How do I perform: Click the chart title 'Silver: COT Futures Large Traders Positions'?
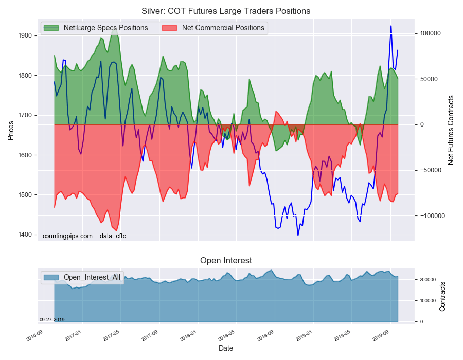pos(226,11)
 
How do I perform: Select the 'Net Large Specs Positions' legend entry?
pos(105,28)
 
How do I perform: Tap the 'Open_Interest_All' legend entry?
pos(92,277)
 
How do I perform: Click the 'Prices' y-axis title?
pos(10,131)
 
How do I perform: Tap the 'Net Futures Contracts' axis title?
pos(451,130)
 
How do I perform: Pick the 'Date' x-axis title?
pos(226,348)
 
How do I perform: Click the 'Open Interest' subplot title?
pos(226,260)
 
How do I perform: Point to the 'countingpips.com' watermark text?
pos(67,236)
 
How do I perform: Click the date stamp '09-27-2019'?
pos(52,319)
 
